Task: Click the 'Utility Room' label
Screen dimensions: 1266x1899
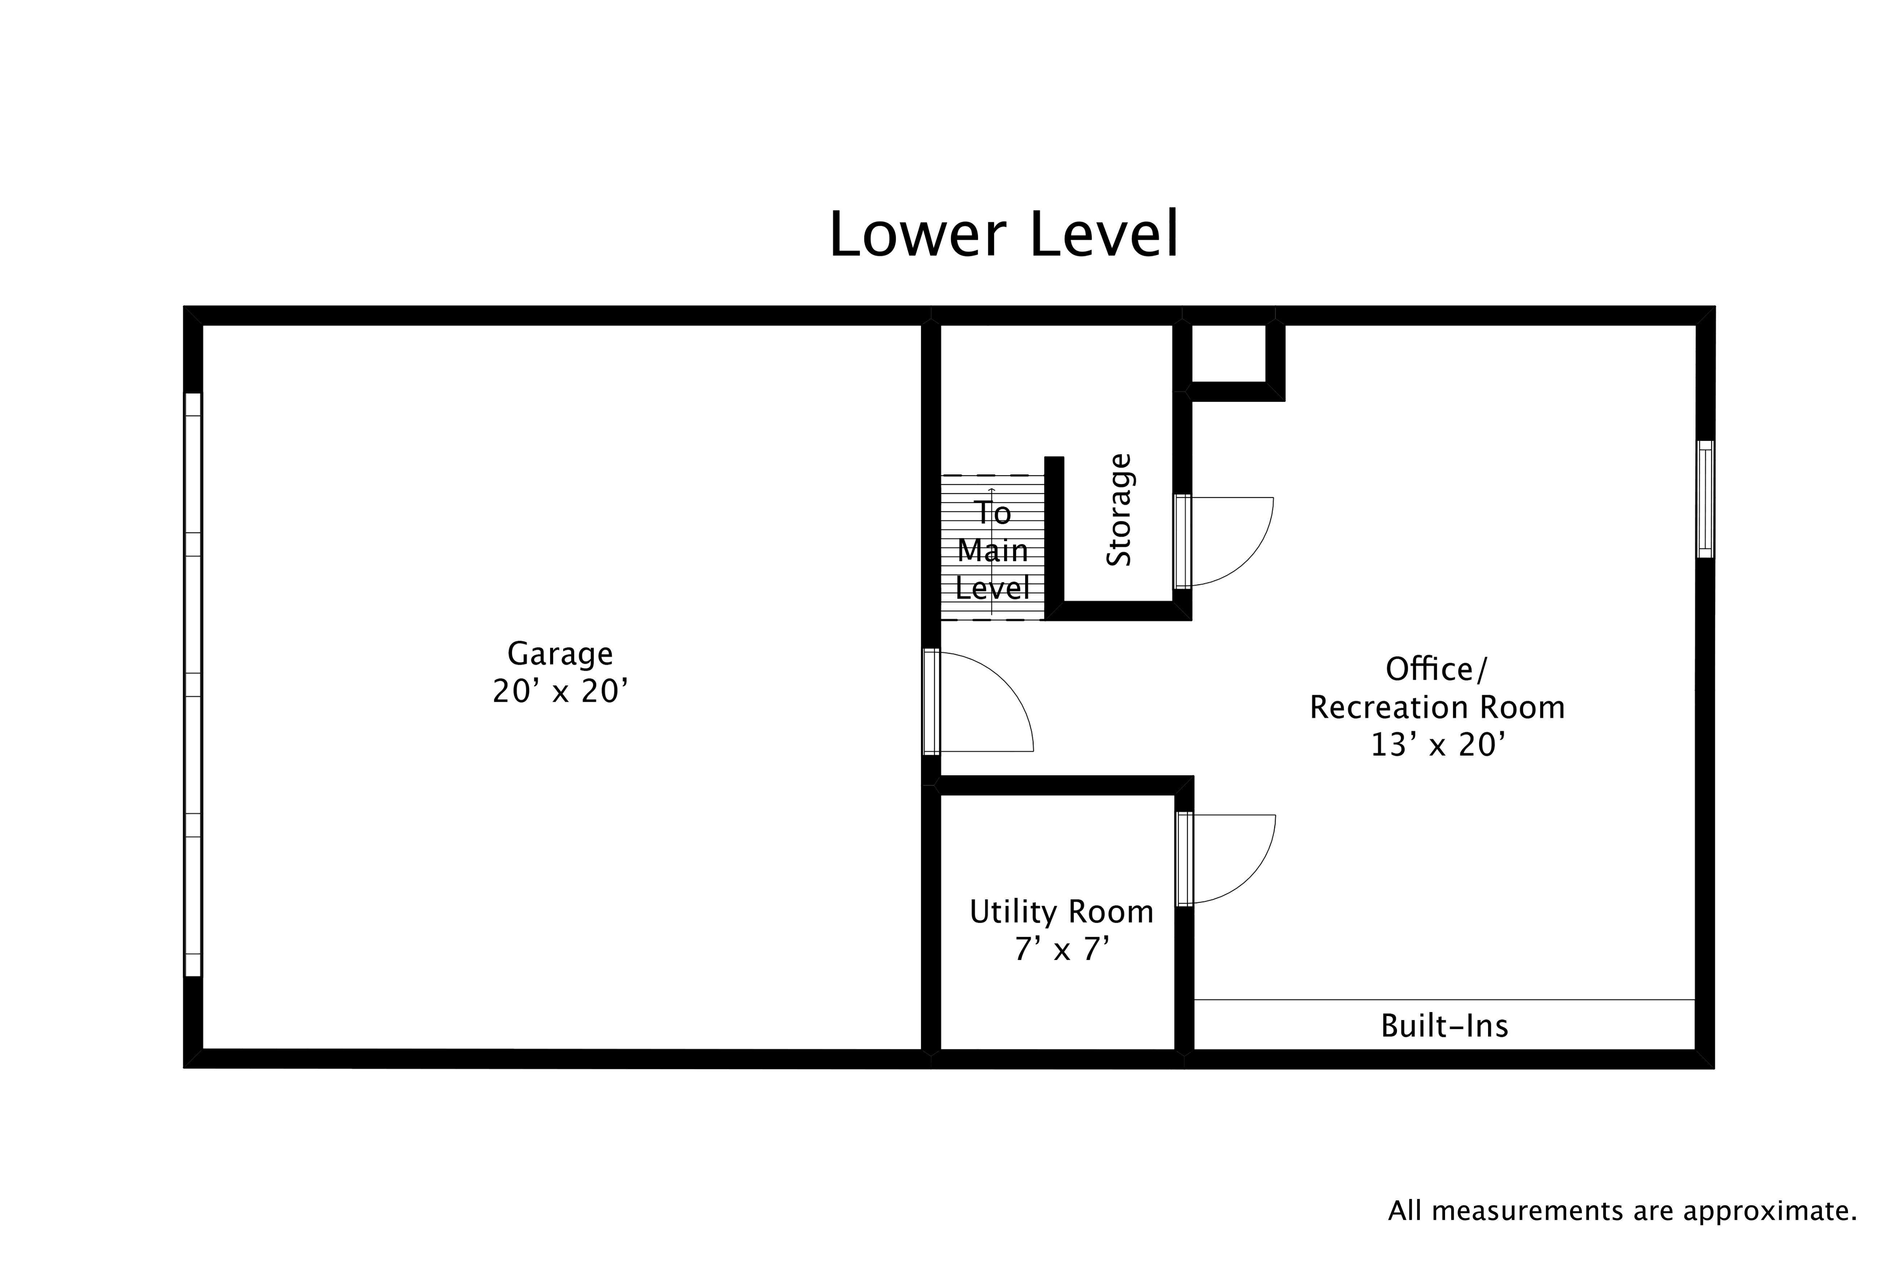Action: tap(1061, 912)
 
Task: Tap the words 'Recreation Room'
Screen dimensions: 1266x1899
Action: tap(1436, 707)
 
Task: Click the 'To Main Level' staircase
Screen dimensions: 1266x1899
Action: tap(992, 549)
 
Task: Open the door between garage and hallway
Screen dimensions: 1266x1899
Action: tap(932, 701)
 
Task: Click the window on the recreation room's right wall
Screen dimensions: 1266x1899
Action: tap(1704, 499)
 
